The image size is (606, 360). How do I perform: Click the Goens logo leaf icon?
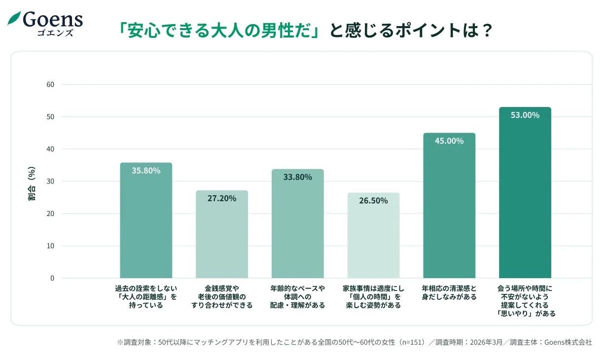[x=14, y=19]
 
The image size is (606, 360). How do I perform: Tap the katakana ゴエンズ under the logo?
[x=55, y=33]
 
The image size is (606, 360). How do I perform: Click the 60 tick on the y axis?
[x=50, y=84]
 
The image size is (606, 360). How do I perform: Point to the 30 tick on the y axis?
[x=50, y=181]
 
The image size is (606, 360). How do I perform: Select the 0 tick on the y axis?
[x=52, y=278]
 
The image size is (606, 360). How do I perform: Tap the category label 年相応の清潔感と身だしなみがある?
[x=449, y=292]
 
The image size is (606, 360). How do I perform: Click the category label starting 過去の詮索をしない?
[x=146, y=296]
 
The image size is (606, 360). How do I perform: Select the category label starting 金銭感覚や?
[x=222, y=296]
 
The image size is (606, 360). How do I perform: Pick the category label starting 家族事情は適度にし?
[x=373, y=296]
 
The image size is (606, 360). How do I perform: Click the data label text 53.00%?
[x=525, y=115]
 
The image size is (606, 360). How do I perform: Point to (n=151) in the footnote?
[x=412, y=342]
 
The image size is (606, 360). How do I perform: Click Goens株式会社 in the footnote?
[x=564, y=342]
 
